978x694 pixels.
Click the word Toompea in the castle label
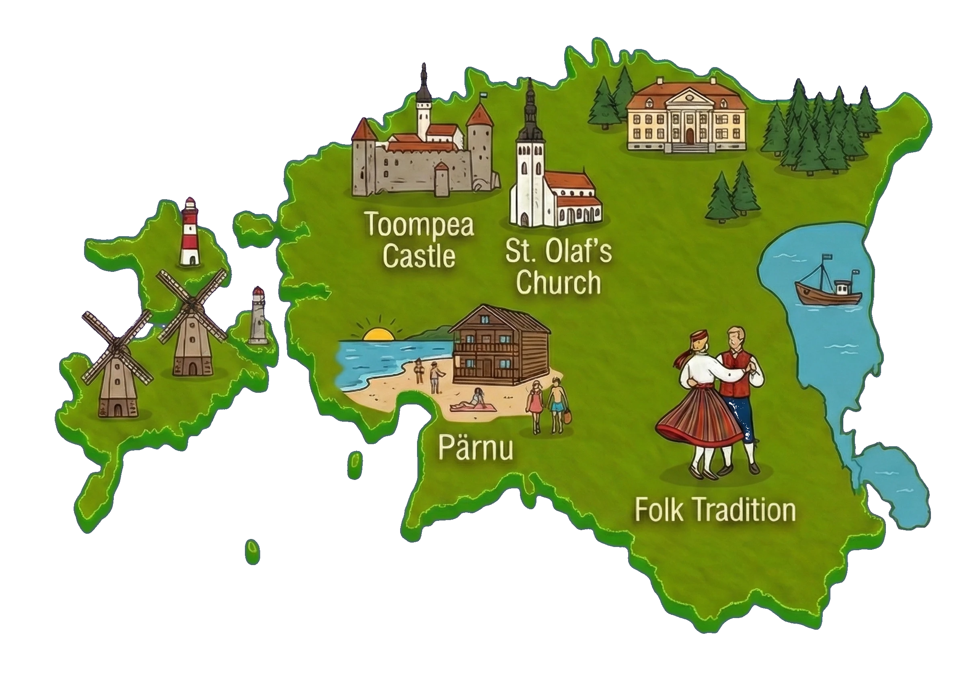(x=420, y=225)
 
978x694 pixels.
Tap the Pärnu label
(x=475, y=447)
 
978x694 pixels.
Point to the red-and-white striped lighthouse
(x=189, y=233)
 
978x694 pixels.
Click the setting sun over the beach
(x=378, y=334)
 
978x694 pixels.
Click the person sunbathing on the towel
(x=473, y=402)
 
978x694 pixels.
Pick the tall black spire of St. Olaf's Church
(x=531, y=107)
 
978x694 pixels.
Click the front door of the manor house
(x=689, y=136)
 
